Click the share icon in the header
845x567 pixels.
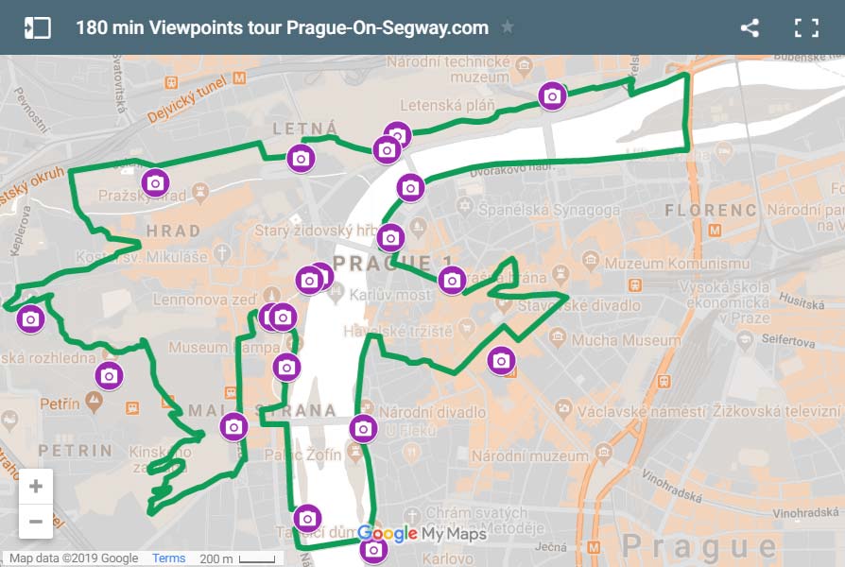pyautogui.click(x=750, y=27)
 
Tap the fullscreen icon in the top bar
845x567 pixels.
pyautogui.click(x=806, y=27)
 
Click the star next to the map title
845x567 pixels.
pyautogui.click(x=508, y=27)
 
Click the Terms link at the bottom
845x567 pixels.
pyautogui.click(x=169, y=558)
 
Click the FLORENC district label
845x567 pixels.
pyautogui.click(x=711, y=210)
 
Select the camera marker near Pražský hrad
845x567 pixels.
pyautogui.click(x=156, y=181)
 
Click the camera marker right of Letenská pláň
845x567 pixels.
pyautogui.click(x=552, y=95)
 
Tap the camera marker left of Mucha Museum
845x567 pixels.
pyautogui.click(x=501, y=360)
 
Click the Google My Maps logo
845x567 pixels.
pyautogui.click(x=422, y=535)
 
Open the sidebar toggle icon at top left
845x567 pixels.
pyautogui.click(x=37, y=27)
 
